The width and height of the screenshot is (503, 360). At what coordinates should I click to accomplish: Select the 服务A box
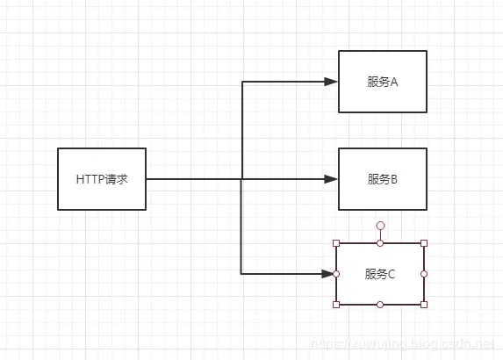click(382, 82)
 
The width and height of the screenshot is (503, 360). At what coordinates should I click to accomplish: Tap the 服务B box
click(382, 179)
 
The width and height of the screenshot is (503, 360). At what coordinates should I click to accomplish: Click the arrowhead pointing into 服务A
click(331, 82)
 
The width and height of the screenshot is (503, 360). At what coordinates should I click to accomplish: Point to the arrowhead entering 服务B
click(331, 179)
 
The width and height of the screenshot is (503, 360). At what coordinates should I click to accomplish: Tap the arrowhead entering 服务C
click(329, 274)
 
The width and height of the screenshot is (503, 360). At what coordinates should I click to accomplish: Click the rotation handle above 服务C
click(380, 227)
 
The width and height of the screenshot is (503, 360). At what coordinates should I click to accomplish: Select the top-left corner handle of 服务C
click(336, 243)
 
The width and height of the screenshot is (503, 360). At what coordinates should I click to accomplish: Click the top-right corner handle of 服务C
click(424, 243)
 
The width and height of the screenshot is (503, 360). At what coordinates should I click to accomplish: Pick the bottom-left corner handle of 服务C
click(336, 305)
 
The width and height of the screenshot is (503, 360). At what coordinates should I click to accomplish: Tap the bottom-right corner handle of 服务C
click(424, 305)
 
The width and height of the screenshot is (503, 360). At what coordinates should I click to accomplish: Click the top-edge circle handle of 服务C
click(380, 243)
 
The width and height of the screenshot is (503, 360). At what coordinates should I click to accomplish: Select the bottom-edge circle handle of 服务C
click(380, 305)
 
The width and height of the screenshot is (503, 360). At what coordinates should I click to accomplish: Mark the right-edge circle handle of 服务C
click(424, 274)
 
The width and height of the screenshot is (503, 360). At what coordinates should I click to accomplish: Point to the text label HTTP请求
click(102, 179)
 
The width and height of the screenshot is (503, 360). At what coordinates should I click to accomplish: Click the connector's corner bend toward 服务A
click(241, 82)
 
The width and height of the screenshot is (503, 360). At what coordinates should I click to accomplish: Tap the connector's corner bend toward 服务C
click(241, 274)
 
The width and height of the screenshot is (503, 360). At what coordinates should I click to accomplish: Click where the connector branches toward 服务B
click(241, 179)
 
